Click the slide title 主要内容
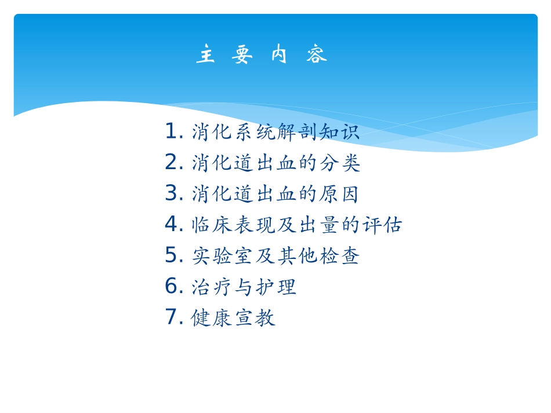[262, 55]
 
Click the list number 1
[173, 131]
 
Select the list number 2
[173, 163]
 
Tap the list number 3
[173, 193]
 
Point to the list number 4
[173, 224]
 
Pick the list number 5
[173, 255]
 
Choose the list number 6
[173, 286]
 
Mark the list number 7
[173, 317]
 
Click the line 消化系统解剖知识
[275, 133]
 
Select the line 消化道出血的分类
[276, 163]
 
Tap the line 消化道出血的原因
[275, 194]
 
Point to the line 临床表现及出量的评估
[296, 225]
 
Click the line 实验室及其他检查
[275, 256]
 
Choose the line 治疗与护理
[244, 287]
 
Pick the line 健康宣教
[233, 317]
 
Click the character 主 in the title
[205, 55]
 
